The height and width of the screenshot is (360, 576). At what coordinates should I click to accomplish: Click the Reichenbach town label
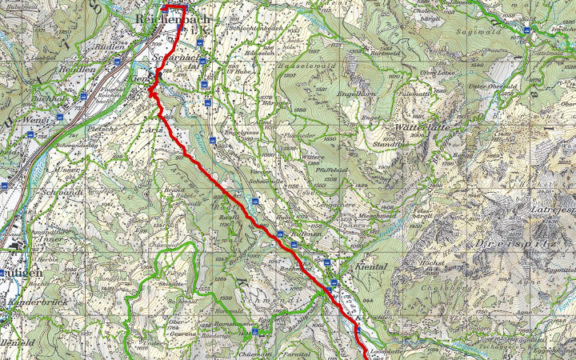[173, 18]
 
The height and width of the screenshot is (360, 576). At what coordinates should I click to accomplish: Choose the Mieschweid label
[378, 216]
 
